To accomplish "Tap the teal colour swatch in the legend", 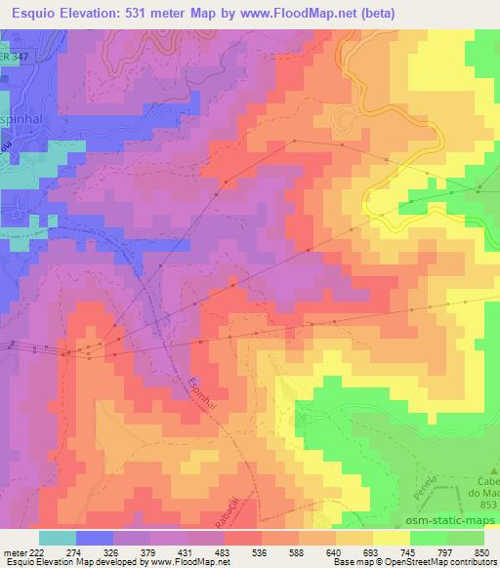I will point(58,538).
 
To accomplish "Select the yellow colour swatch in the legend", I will point(390,538).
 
